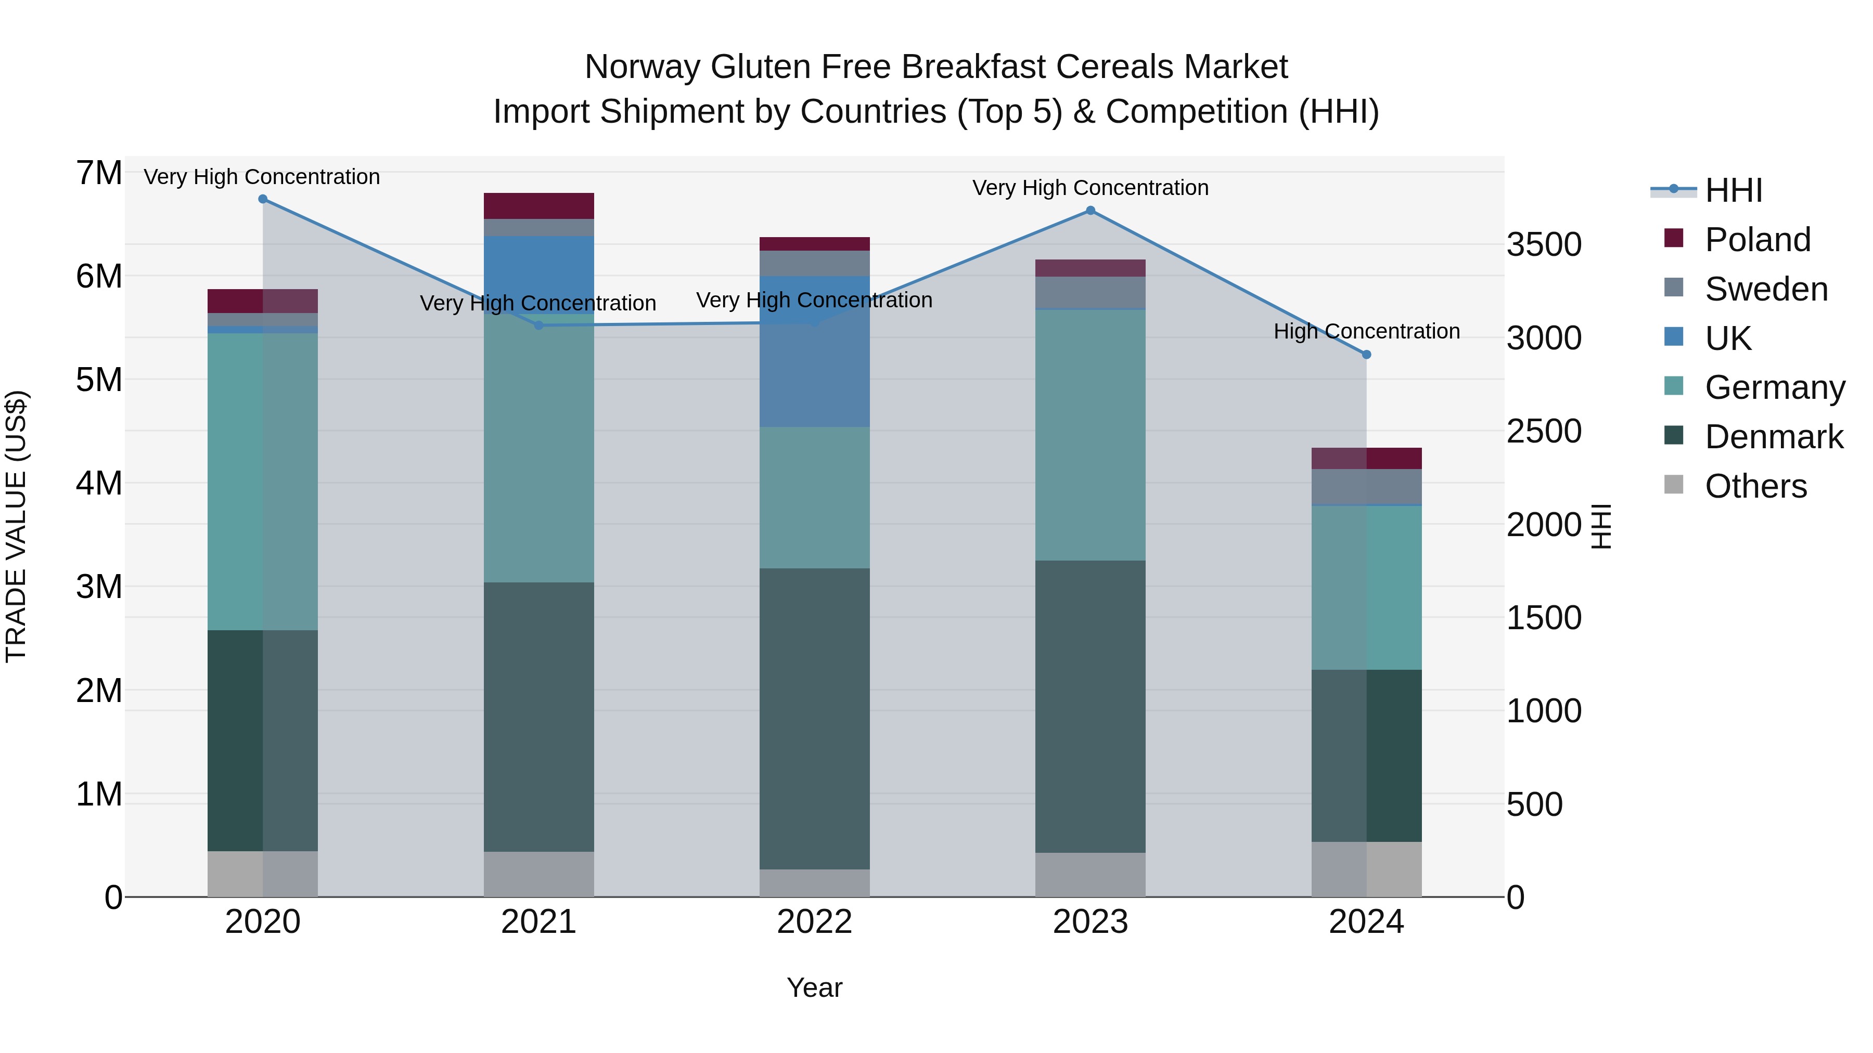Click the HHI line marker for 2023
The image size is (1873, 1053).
click(1090, 211)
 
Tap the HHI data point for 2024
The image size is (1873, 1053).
click(1366, 355)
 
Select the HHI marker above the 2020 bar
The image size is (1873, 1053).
click(263, 199)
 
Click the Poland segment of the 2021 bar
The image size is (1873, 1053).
click(539, 205)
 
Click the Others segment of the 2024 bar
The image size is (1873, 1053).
click(1366, 869)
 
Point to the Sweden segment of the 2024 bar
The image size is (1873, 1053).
click(1366, 486)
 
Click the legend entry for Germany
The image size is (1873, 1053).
click(1775, 387)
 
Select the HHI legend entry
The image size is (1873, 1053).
click(1734, 190)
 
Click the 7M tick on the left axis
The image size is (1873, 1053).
click(99, 173)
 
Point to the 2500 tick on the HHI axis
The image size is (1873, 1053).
click(1544, 431)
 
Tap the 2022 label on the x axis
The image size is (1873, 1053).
click(814, 922)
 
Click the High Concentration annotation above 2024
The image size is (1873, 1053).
click(1366, 331)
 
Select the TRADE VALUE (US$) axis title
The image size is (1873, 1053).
click(16, 526)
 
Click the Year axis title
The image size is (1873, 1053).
click(814, 987)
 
